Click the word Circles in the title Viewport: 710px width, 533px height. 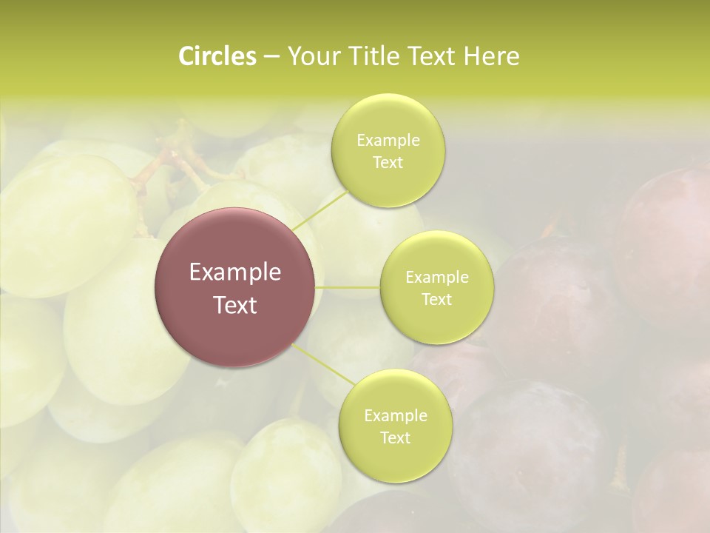click(x=217, y=56)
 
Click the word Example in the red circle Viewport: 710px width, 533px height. click(x=235, y=272)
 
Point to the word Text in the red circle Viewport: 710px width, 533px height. click(x=235, y=305)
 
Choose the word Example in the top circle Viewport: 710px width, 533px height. click(x=388, y=141)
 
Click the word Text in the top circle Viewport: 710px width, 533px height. click(x=388, y=163)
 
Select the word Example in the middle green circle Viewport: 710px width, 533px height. click(x=437, y=278)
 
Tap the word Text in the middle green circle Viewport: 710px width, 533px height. click(x=437, y=300)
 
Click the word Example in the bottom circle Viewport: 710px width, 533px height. click(x=395, y=415)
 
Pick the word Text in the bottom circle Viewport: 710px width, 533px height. click(x=395, y=438)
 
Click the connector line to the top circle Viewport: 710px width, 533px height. click(x=319, y=209)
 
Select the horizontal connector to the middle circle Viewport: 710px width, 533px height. click(x=348, y=286)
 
